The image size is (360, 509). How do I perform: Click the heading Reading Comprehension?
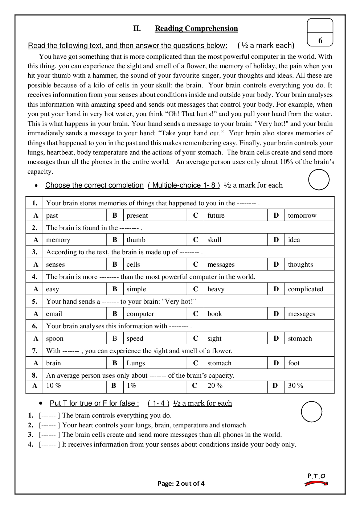(196, 28)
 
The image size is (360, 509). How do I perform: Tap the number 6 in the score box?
(320, 41)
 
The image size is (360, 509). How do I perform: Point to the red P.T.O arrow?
(316, 483)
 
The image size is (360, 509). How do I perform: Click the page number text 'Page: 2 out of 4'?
(181, 483)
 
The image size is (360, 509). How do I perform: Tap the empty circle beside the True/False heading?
(311, 412)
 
